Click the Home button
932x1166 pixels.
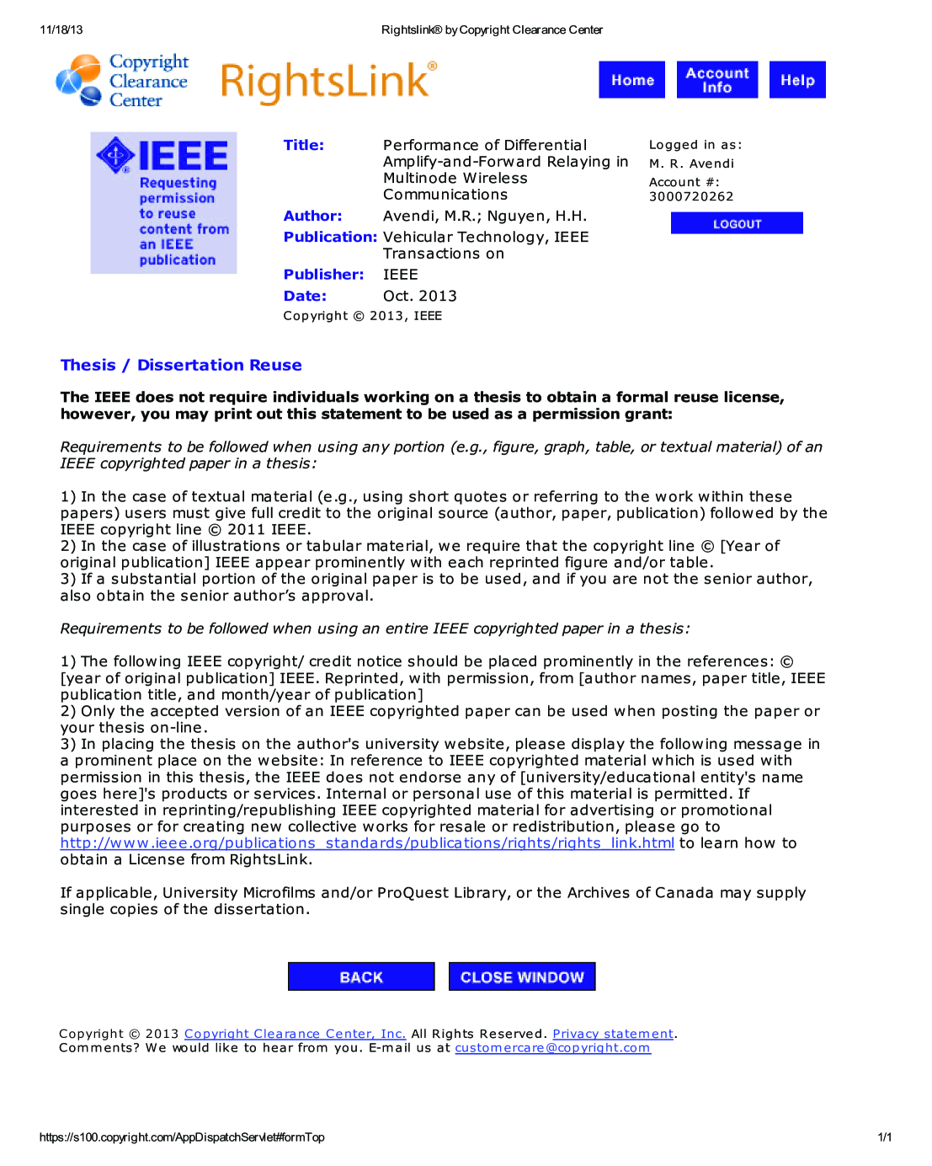(x=631, y=80)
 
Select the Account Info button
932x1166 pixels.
(x=716, y=80)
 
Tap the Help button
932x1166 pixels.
(x=796, y=80)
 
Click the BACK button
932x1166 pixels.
(x=361, y=976)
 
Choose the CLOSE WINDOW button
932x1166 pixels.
(x=522, y=976)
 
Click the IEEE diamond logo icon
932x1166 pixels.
(x=115, y=155)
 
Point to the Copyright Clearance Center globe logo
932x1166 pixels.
(x=78, y=81)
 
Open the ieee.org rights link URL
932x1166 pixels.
(x=367, y=843)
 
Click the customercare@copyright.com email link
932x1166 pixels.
(x=552, y=1048)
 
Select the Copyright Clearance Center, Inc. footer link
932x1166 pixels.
(x=295, y=1034)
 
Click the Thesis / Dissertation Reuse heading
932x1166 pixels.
(x=181, y=365)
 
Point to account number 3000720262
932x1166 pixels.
(x=691, y=196)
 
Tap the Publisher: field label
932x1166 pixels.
(x=323, y=275)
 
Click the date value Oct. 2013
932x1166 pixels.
(x=419, y=296)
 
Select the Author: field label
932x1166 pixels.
(x=312, y=216)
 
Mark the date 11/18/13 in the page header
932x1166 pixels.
(x=61, y=29)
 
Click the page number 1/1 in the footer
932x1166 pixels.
(x=884, y=1137)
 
